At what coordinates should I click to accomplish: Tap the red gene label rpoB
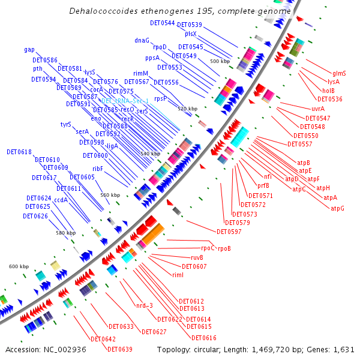224,248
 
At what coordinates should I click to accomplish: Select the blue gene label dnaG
142,41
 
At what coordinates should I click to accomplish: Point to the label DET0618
19,152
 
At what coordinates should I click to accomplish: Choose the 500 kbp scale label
219,61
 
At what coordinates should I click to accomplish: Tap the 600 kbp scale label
19,266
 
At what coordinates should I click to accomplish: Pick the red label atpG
338,208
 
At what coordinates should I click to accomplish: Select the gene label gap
29,49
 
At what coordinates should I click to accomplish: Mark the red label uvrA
318,109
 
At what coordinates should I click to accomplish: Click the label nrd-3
145,305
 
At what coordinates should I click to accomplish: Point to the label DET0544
162,23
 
